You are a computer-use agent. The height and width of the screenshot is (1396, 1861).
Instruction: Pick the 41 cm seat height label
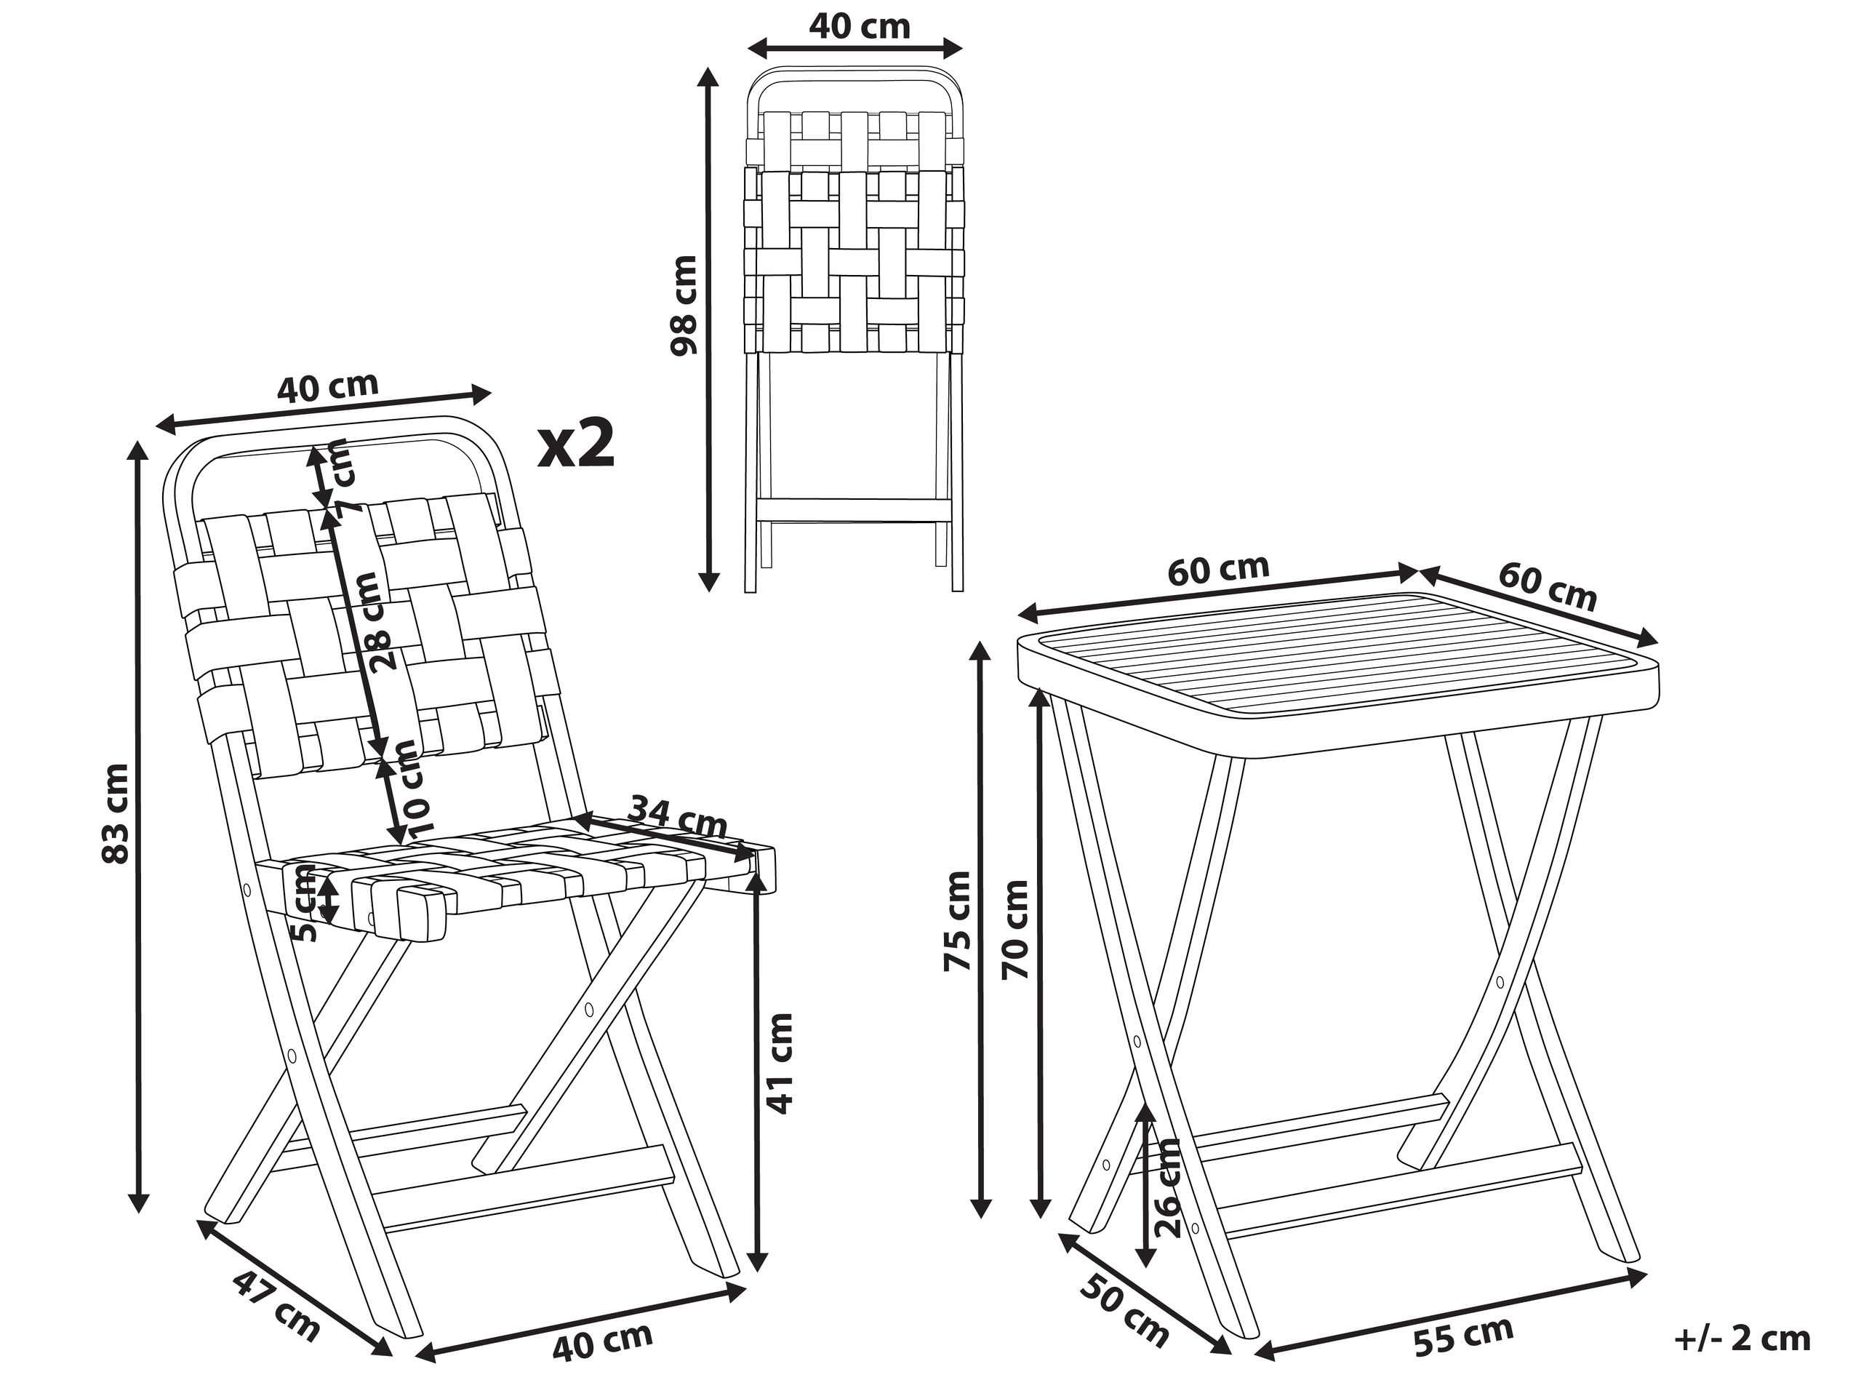(781, 1064)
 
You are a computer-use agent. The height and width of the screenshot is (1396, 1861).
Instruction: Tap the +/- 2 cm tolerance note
(1742, 1338)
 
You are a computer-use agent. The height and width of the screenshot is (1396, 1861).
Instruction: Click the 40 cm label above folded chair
(859, 27)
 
